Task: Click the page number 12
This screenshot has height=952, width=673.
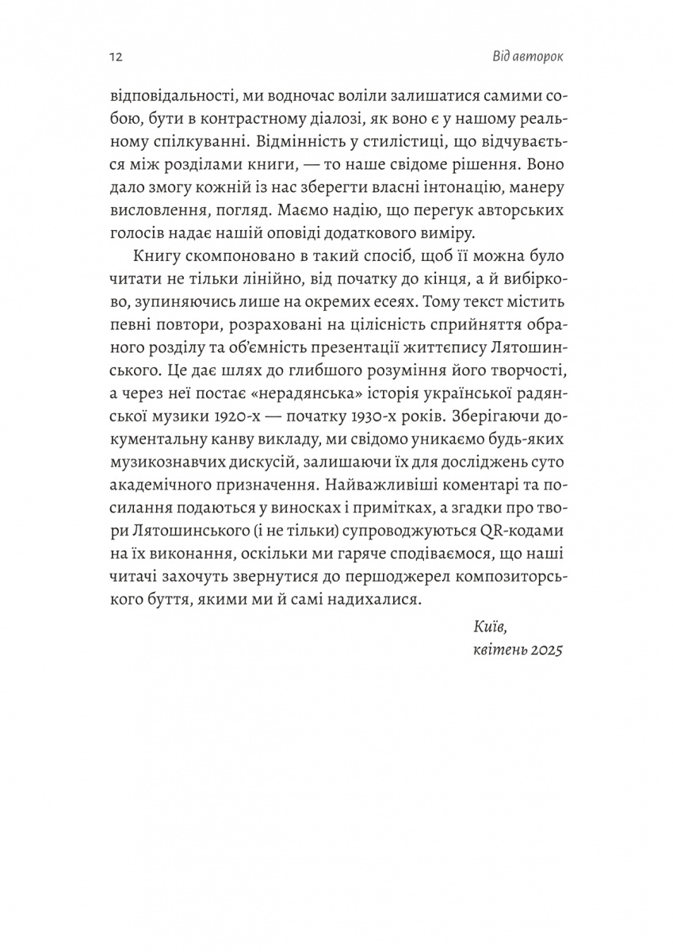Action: (x=112, y=58)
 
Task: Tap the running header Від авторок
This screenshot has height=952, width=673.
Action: (x=528, y=58)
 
